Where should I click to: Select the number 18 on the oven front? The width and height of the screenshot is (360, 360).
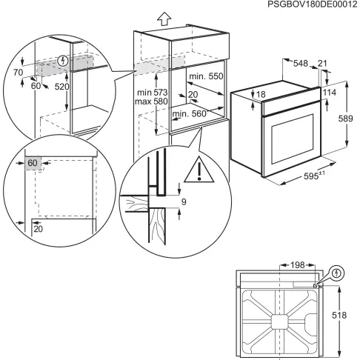[260, 93]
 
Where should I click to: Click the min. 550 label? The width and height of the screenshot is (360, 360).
[204, 77]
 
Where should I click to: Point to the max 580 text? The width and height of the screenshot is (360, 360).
[150, 101]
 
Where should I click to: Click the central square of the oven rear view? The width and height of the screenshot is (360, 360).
[279, 321]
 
